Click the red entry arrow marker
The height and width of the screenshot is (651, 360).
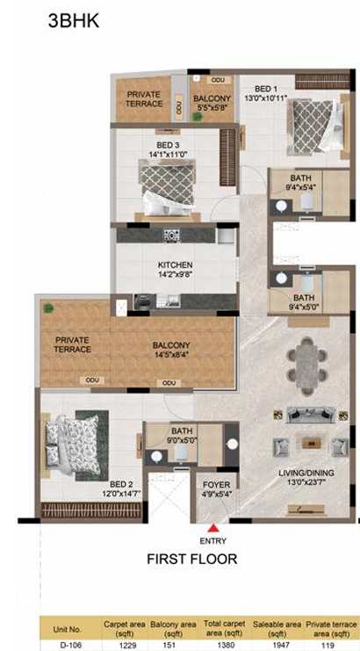213,528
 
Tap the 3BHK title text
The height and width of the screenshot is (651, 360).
74,21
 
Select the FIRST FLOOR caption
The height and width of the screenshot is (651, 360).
192,559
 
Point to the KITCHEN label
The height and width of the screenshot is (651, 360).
175,265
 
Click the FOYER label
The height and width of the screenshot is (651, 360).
216,485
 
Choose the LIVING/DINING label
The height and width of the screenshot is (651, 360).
306,473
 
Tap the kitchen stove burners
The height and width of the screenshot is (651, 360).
171,235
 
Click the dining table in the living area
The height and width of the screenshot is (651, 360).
307,365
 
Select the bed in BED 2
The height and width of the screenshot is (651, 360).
73,445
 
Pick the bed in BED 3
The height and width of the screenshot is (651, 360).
168,190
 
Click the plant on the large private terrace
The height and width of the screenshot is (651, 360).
48,308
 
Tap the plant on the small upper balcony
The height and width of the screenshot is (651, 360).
198,117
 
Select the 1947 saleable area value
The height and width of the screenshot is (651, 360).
271,645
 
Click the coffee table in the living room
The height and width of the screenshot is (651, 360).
311,443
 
